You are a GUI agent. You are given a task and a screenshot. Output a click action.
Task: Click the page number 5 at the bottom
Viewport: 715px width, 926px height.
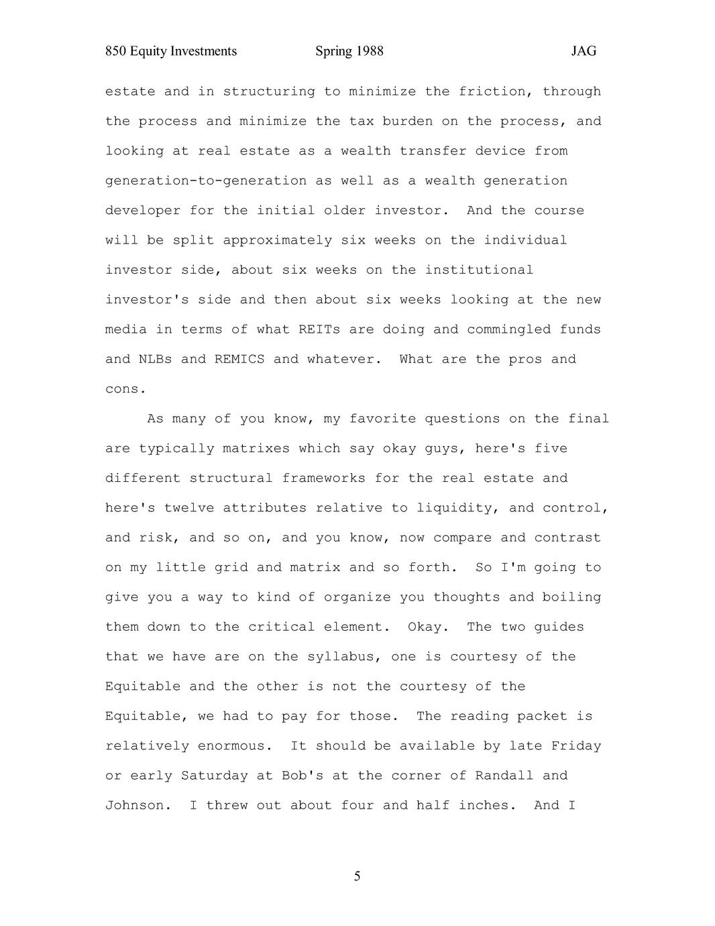coord(357,876)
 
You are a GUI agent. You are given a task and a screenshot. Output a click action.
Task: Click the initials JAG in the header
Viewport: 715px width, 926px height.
coord(584,51)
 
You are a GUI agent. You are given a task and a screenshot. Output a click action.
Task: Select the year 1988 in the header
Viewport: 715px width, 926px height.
coord(370,51)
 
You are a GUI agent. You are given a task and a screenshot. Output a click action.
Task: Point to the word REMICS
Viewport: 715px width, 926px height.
coord(239,359)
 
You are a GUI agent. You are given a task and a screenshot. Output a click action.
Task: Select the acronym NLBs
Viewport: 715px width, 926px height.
coord(155,359)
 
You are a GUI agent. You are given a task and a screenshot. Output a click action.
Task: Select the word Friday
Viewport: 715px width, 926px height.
coord(575,745)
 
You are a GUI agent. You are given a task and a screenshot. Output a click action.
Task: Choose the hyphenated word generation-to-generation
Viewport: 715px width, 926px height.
coord(205,181)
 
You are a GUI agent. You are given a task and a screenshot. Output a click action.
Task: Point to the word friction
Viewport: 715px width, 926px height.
coord(496,91)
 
